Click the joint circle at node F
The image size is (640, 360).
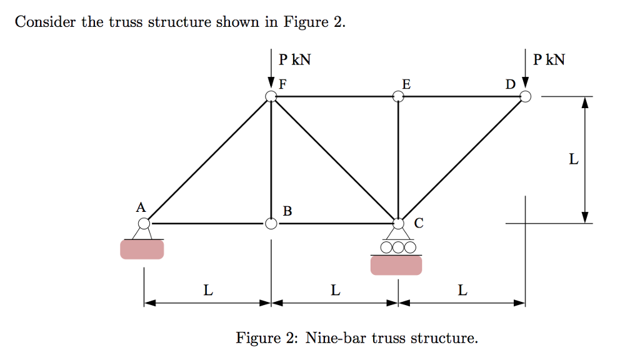pos(271,96)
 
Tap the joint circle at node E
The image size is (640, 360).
pos(398,96)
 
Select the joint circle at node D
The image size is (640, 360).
pos(526,96)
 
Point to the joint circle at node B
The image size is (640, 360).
pos(271,223)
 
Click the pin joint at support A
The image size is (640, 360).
pos(144,223)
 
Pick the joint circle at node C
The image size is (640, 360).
pos(398,223)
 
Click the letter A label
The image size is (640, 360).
pos(141,206)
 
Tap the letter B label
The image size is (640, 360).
pos(287,211)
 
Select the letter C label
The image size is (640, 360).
pos(418,223)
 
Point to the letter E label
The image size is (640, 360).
pos(406,83)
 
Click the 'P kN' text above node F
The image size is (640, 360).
pos(295,60)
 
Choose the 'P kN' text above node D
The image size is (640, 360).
pos(549,60)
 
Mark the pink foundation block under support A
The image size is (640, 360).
pos(142,249)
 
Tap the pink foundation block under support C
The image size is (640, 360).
pos(396,265)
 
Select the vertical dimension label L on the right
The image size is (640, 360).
pos(573,160)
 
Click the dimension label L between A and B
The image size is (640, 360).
pos(207,290)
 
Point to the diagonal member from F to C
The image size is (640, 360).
pos(334,160)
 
